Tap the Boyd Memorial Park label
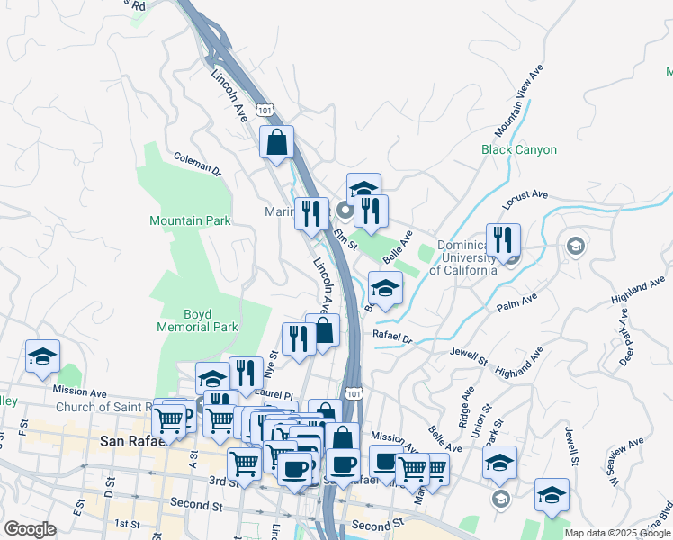197,321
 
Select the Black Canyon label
519,149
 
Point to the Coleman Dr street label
197,162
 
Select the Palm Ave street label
516,301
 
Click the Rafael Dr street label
391,338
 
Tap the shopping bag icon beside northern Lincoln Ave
276,142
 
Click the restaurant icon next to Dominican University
503,240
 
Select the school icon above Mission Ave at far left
42,356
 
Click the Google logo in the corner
30,529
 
